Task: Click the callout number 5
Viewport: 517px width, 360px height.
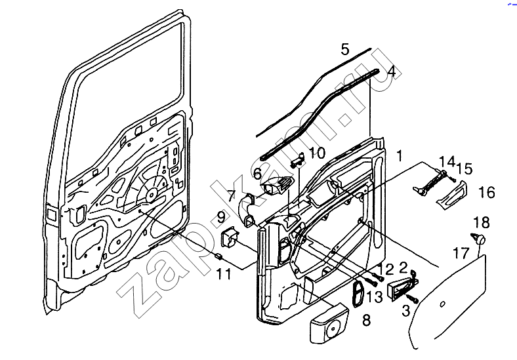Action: pos(345,49)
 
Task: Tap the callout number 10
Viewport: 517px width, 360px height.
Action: pos(317,153)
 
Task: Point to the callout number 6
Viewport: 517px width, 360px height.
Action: pos(257,173)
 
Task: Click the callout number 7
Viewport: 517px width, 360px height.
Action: pos(231,195)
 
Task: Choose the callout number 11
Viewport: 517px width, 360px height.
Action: pos(224,275)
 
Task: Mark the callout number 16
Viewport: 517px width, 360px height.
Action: pos(486,193)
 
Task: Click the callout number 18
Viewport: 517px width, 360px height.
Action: pos(481,222)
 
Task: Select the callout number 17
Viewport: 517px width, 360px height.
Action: pos(461,251)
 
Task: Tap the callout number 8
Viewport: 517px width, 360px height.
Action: pos(366,321)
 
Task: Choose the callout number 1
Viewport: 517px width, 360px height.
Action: pos(399,156)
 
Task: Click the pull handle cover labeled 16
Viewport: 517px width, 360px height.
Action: pos(452,195)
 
